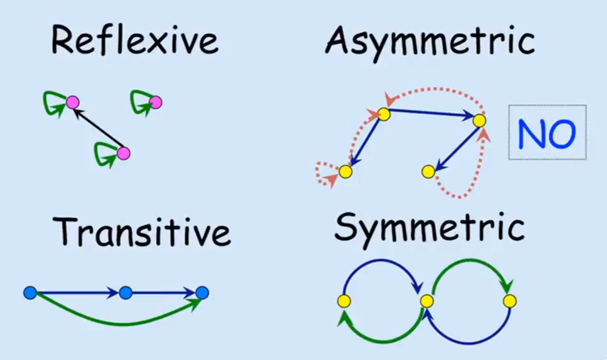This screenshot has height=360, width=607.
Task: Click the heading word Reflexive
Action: pyautogui.click(x=135, y=41)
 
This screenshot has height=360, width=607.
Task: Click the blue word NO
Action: pyautogui.click(x=547, y=133)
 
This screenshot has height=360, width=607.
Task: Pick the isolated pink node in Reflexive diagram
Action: pyautogui.click(x=155, y=102)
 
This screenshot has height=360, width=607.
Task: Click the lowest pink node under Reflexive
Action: pyautogui.click(x=123, y=153)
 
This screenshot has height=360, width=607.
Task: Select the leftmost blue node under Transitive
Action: pyautogui.click(x=30, y=293)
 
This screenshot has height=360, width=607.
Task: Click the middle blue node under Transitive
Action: pyautogui.click(x=126, y=293)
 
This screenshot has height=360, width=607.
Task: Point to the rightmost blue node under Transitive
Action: pyautogui.click(x=202, y=293)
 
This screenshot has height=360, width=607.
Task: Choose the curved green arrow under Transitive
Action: pyautogui.click(x=119, y=323)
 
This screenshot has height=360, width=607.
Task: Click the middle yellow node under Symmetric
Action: pyautogui.click(x=427, y=301)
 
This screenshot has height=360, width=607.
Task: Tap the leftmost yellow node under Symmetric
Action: pyautogui.click(x=344, y=301)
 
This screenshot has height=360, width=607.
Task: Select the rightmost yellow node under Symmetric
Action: pyautogui.click(x=510, y=301)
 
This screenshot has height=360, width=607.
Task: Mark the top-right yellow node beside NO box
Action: pyautogui.click(x=479, y=120)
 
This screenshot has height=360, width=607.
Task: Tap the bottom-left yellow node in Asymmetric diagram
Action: pyautogui.click(x=345, y=172)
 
